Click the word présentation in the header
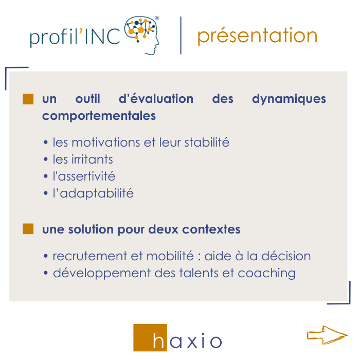tap(257, 35)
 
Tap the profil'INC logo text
tap(75, 38)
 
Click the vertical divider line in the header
tap(181, 35)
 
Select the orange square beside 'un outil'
tap(28, 99)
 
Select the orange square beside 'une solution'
tap(28, 229)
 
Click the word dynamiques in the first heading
tap(289, 99)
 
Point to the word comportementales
tap(99, 116)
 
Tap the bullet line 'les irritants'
tap(82, 159)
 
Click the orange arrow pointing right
tap(327, 334)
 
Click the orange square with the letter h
tap(150, 338)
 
